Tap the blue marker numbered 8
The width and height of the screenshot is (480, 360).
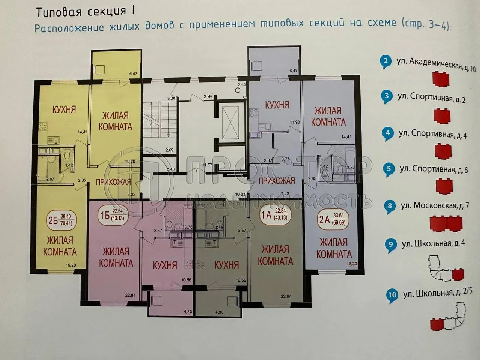point(390,205)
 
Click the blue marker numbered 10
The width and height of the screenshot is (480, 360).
point(392,295)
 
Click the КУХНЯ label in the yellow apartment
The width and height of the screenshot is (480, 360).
point(64,109)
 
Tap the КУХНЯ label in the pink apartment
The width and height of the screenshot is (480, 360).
point(165,265)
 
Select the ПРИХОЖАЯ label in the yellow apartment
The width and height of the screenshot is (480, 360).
point(113,182)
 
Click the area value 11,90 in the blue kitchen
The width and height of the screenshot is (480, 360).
point(295,122)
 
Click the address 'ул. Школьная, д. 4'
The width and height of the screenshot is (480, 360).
point(433,243)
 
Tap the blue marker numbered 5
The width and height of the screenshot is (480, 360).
point(389,169)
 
